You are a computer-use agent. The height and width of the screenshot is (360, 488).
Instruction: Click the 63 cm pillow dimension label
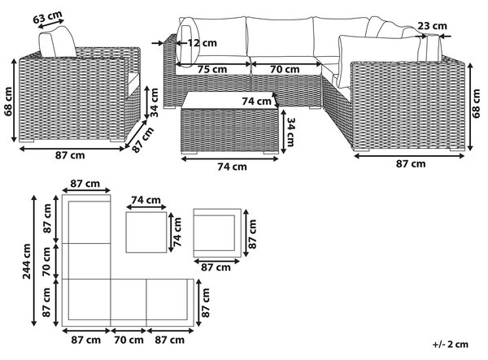(48, 17)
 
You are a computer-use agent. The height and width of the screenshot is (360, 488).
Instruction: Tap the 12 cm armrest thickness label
(202, 43)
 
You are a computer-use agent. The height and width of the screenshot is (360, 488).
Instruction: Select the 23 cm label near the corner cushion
(433, 26)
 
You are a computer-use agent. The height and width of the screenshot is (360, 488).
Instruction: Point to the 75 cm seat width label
(212, 69)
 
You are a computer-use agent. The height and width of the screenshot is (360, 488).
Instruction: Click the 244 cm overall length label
(27, 261)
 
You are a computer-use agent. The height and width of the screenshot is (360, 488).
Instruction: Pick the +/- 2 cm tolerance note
(450, 344)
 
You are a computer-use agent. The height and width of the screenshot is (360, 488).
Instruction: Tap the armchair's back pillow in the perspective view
(58, 42)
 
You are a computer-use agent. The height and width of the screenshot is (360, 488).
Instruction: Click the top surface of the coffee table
(229, 100)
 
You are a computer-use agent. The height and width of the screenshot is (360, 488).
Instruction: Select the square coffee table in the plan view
(146, 232)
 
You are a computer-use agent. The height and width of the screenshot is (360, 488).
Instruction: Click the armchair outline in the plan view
(217, 233)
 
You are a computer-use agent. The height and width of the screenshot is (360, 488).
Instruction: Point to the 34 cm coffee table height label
(290, 132)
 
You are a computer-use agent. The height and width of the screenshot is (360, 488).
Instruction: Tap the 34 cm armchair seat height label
(154, 102)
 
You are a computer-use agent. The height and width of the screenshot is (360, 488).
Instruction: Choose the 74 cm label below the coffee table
(232, 167)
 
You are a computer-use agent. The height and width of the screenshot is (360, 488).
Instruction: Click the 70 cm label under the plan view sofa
(129, 340)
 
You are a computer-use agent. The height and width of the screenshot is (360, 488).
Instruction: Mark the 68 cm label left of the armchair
(8, 102)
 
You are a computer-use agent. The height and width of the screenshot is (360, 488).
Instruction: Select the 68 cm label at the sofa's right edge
(476, 103)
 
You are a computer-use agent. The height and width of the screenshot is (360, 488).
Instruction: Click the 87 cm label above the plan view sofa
(85, 184)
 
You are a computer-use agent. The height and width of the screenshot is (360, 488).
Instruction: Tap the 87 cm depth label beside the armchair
(143, 140)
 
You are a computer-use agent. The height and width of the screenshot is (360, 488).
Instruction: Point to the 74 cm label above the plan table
(146, 200)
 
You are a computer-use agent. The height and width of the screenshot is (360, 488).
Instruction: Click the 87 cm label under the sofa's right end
(411, 164)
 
